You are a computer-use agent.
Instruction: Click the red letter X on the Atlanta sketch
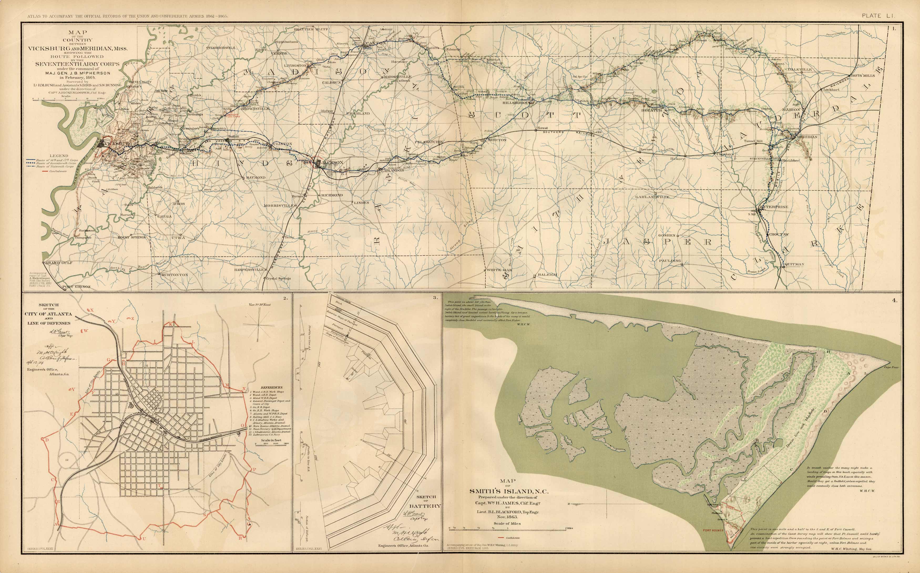click(92, 310)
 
